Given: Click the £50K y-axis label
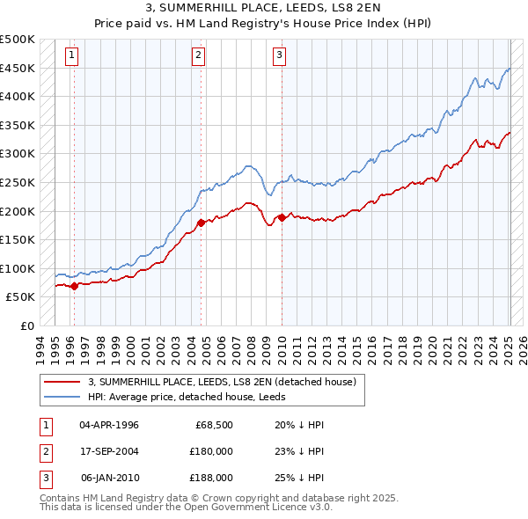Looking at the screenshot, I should click(x=21, y=297).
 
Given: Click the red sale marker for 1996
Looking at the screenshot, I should click(x=74, y=286).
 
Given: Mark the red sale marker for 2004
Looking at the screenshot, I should click(x=202, y=223).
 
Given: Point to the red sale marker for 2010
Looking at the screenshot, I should click(x=282, y=217).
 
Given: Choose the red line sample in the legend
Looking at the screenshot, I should click(x=62, y=382).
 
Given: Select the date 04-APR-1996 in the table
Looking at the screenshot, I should click(x=109, y=424).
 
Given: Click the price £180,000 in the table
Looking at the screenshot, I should click(x=211, y=451).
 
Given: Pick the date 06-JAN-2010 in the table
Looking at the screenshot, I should click(x=109, y=478).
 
